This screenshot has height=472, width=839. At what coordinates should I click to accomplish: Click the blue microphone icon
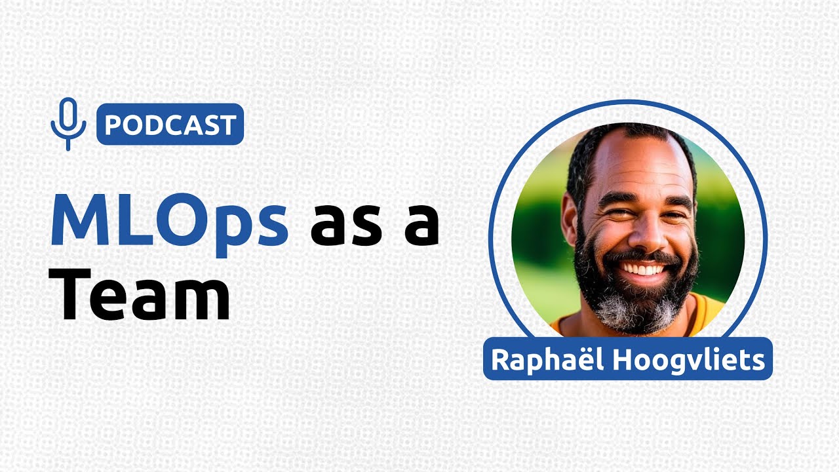click(x=68, y=123)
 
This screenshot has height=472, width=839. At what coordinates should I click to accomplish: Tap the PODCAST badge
click(x=170, y=124)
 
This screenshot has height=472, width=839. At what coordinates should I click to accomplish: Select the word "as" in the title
click(x=344, y=226)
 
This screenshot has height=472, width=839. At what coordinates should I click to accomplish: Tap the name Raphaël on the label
click(x=536, y=359)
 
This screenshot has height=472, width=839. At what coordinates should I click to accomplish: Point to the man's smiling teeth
click(x=642, y=268)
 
